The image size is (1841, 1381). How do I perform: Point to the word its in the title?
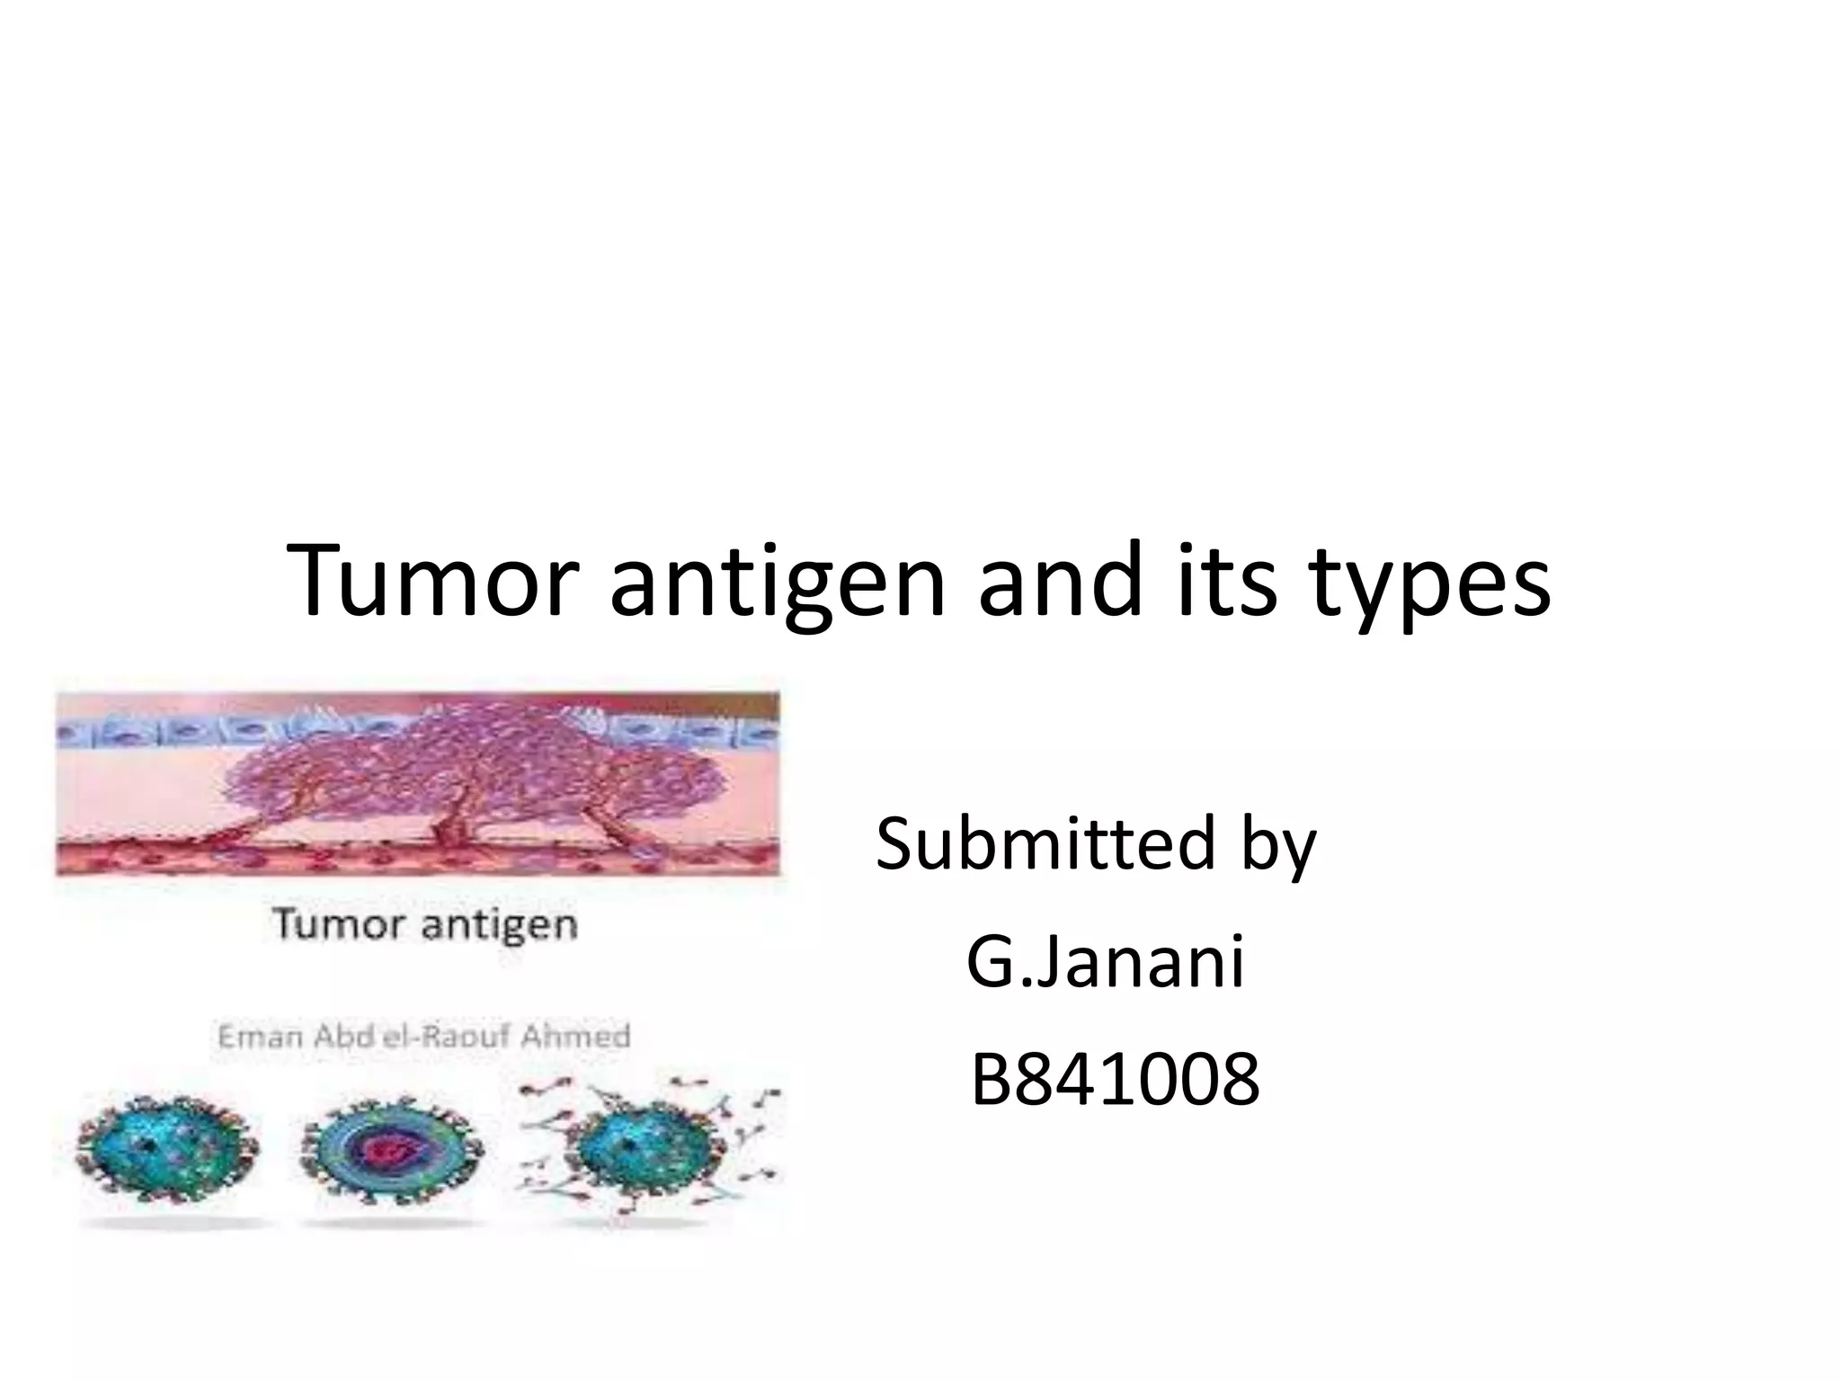[x=1226, y=581]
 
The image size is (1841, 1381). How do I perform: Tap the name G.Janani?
[x=1106, y=962]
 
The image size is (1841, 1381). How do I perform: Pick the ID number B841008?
[x=1115, y=1080]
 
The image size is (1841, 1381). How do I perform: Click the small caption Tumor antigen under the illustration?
[x=424, y=924]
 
